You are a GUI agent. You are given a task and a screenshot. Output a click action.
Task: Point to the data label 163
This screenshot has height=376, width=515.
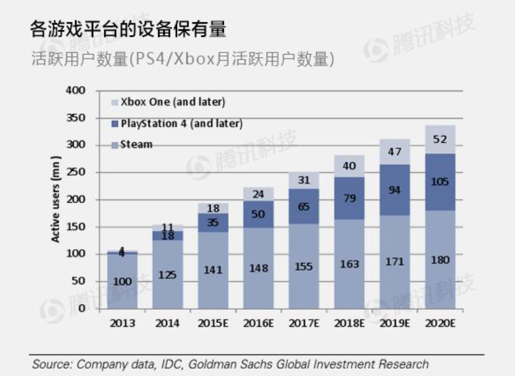click(349, 264)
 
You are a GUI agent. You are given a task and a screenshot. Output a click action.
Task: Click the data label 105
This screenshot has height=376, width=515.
click(440, 182)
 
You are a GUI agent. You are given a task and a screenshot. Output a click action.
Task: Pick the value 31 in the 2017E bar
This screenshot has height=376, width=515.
click(304, 180)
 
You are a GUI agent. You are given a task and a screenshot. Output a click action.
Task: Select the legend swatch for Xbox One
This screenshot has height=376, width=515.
click(115, 102)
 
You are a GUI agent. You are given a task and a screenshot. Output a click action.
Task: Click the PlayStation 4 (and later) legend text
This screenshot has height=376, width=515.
click(181, 123)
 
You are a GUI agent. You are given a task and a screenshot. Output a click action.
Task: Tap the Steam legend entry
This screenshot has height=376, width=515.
click(136, 144)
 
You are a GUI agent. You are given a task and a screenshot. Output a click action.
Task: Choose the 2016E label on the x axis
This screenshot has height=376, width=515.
click(259, 323)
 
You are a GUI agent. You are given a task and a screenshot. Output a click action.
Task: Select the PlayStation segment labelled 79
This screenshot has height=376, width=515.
click(349, 198)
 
